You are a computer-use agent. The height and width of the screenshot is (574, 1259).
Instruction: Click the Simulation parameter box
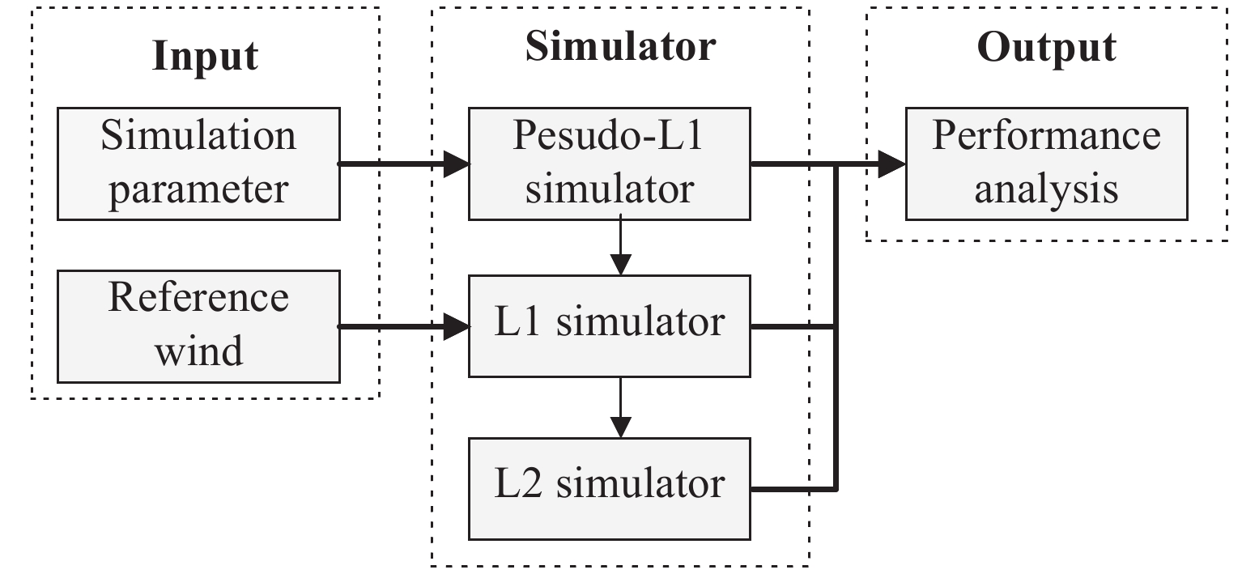(x=198, y=163)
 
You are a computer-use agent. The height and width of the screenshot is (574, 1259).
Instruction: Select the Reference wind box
(x=198, y=325)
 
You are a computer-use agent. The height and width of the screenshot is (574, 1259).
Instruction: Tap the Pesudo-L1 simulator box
(x=610, y=163)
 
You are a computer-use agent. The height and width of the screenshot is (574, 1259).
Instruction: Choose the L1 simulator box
(x=610, y=325)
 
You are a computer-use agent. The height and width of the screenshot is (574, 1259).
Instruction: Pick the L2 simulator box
(x=610, y=488)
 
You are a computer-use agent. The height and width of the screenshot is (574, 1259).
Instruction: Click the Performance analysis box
(x=1046, y=163)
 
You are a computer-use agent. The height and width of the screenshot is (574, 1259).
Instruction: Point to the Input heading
(x=205, y=57)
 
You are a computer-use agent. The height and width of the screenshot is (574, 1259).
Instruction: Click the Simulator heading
(x=620, y=47)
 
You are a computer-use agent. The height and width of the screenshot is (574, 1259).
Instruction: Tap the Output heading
(x=1046, y=47)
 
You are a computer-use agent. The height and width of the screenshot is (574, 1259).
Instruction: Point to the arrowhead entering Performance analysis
(x=892, y=164)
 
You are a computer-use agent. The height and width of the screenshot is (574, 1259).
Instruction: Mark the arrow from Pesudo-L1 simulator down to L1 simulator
(x=620, y=247)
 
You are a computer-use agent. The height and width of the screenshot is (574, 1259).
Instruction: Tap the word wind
(x=198, y=352)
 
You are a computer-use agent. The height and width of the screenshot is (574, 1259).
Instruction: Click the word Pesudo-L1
(x=609, y=138)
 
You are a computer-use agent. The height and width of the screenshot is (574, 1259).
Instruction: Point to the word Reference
(x=198, y=298)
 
